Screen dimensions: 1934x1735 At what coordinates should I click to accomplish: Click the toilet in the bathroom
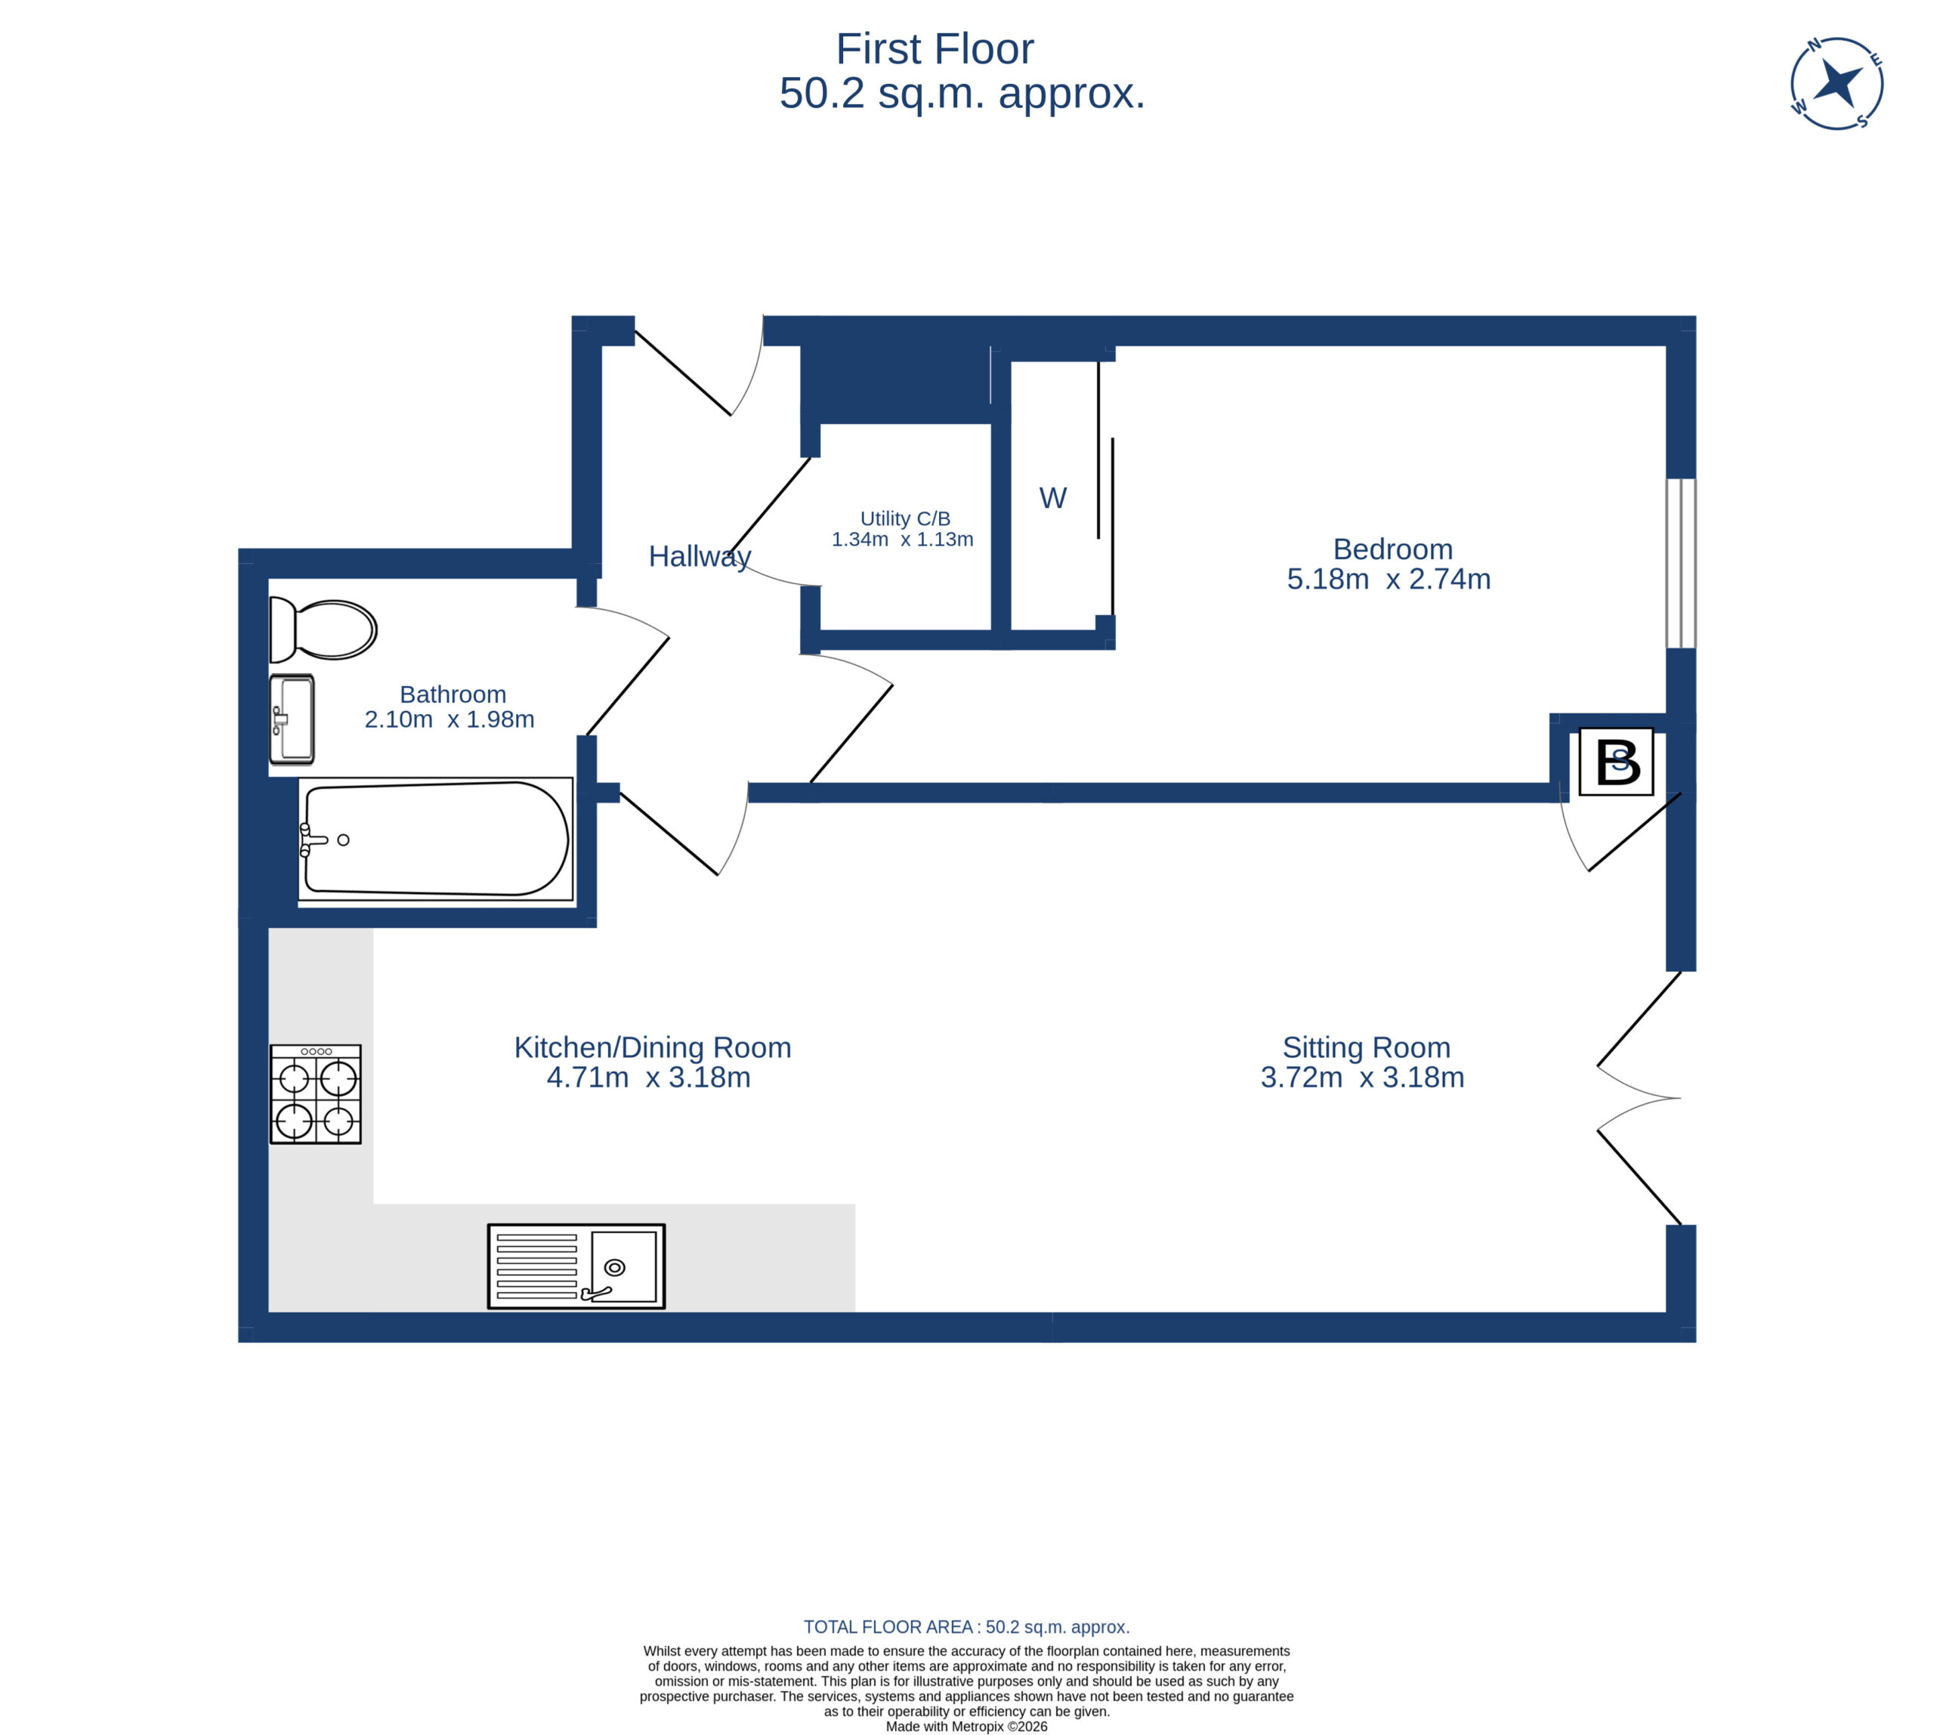point(322,629)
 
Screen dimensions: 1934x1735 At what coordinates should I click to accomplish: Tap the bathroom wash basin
point(292,719)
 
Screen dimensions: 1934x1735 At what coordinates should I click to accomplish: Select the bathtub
point(436,839)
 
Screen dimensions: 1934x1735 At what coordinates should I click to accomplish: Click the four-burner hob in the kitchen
point(316,1093)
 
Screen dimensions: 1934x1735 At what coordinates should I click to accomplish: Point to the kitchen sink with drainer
point(576,1266)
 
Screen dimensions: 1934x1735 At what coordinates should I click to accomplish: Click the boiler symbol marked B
point(1616,762)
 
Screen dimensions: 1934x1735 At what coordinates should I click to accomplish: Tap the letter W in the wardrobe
point(1052,498)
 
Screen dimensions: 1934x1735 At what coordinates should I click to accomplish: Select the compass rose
point(1836,83)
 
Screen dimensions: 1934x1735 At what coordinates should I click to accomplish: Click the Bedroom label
point(1392,549)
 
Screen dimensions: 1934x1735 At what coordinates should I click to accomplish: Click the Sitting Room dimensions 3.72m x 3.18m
point(1362,1078)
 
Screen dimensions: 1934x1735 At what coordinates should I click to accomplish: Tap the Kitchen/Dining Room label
point(653,1047)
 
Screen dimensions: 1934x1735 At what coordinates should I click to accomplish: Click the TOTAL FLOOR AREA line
point(966,1627)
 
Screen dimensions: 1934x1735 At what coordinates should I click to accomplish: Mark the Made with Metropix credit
point(966,1727)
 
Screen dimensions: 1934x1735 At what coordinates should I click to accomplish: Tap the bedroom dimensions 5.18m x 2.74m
point(1389,579)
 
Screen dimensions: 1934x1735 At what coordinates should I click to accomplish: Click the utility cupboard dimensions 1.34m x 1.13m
point(903,540)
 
